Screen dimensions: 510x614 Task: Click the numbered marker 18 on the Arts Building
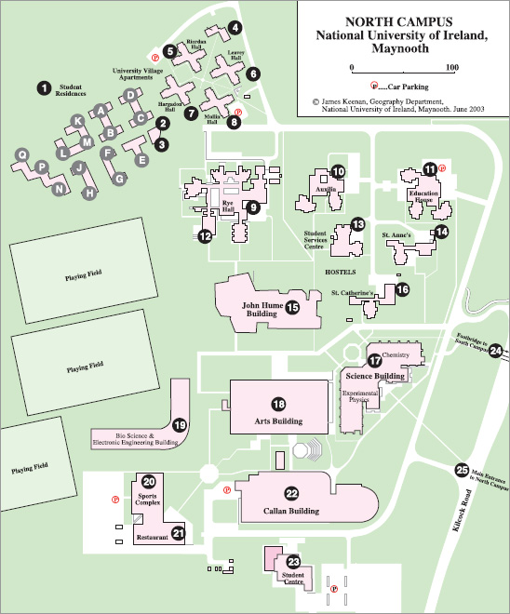point(279,404)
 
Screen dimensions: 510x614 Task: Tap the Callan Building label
point(291,511)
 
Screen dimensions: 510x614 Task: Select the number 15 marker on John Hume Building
point(292,308)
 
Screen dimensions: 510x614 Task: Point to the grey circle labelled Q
point(22,154)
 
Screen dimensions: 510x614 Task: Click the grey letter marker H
point(90,193)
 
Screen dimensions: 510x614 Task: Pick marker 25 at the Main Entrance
point(463,470)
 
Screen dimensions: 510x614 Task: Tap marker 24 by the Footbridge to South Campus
point(496,351)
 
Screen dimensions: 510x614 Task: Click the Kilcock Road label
point(463,510)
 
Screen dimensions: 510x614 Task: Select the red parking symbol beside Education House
point(442,168)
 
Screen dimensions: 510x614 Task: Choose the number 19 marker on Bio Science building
point(180,425)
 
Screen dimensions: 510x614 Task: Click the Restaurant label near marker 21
point(153,538)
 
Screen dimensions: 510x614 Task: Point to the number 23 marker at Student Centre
point(293,562)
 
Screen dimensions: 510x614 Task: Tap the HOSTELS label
point(341,272)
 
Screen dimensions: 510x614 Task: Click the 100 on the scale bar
point(452,67)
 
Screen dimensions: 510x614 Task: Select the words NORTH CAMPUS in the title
point(398,21)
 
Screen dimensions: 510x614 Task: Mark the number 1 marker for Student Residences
point(45,88)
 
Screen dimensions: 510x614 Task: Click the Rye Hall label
point(228,206)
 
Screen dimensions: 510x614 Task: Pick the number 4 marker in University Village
point(235,27)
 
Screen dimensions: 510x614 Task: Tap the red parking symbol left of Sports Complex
point(115,500)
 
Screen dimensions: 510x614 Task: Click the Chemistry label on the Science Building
point(396,354)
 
